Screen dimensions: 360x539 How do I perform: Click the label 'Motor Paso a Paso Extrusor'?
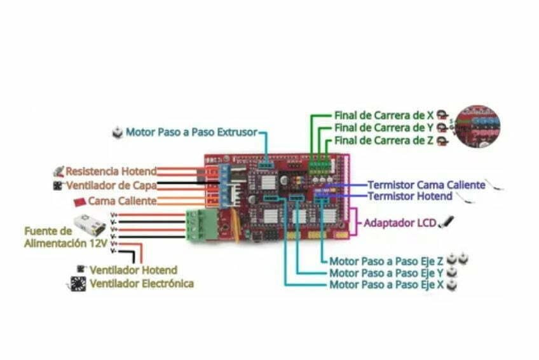click(x=191, y=132)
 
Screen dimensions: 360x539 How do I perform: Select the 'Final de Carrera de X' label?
click(x=384, y=116)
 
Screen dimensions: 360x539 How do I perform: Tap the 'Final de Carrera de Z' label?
click(x=384, y=141)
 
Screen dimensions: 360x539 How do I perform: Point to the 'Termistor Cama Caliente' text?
click(x=426, y=184)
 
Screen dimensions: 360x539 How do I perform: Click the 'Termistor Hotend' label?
click(x=410, y=197)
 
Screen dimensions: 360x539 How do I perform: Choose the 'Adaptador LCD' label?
click(x=400, y=223)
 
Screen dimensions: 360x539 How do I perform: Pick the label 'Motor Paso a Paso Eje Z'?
click(x=386, y=261)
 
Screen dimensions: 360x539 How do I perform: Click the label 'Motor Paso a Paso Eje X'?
click(x=386, y=285)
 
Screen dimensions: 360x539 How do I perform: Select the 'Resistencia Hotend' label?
click(x=111, y=171)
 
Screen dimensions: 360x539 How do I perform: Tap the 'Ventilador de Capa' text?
click(x=111, y=186)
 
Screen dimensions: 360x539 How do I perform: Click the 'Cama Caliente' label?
click(x=122, y=201)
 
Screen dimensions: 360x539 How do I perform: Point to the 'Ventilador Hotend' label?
click(x=133, y=270)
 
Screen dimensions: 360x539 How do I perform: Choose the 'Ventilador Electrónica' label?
click(x=141, y=284)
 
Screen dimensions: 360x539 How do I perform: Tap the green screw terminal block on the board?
click(x=201, y=225)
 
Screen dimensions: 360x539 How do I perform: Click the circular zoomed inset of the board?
click(x=477, y=127)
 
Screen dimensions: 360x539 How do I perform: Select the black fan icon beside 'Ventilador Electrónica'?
click(x=78, y=284)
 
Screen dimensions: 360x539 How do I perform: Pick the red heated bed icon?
click(x=79, y=202)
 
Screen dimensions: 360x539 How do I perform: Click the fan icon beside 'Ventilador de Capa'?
click(x=58, y=186)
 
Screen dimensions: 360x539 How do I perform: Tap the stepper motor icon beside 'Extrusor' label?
click(x=117, y=132)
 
